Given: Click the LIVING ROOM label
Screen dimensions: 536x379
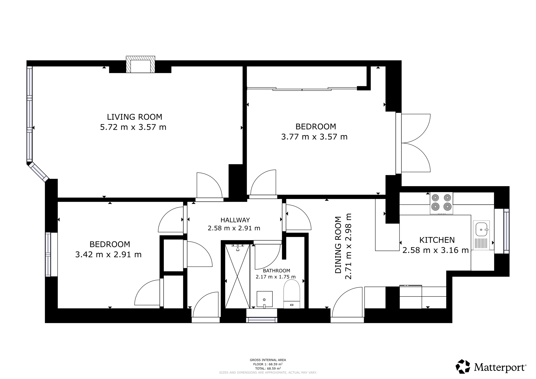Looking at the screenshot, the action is click(135, 117).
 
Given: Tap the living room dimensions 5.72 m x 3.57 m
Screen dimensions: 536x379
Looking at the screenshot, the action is click(133, 127).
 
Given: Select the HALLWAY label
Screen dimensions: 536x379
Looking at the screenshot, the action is click(235, 220).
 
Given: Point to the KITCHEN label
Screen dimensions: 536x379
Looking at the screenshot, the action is click(437, 240).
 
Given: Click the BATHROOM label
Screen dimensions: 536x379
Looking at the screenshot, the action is click(276, 271).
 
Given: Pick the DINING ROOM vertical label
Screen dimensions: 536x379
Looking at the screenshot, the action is click(338, 245).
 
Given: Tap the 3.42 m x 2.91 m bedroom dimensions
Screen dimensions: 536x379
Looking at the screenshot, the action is click(108, 254).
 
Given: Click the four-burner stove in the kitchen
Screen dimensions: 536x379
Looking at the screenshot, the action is click(441, 204).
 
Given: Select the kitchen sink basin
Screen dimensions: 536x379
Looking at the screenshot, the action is click(481, 230).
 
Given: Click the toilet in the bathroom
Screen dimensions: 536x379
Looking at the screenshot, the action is click(292, 294).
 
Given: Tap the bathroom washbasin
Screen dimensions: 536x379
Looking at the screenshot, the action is click(264, 299).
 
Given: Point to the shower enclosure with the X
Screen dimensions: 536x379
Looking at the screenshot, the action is click(237, 276).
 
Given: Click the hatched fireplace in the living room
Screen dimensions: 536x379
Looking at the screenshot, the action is click(141, 64).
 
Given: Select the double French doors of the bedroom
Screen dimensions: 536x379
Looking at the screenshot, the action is click(416, 143).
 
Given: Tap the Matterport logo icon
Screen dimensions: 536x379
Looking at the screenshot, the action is click(463, 366).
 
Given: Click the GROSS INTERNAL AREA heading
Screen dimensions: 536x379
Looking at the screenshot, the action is click(268, 360).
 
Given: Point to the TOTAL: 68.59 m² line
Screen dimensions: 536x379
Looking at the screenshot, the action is click(268, 368).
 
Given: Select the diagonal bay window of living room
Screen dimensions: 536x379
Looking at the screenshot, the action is click(38, 172).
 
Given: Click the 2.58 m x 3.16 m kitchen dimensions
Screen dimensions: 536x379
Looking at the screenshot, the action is click(435, 250).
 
